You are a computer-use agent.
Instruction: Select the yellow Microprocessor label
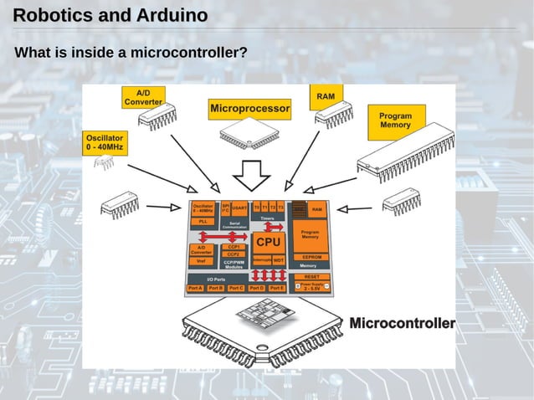(x=249, y=109)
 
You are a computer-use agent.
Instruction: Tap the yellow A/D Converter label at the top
(x=143, y=97)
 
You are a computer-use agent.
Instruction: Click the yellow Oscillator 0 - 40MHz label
(x=104, y=142)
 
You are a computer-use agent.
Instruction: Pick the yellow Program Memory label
(x=395, y=121)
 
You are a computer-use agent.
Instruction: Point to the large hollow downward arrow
(x=249, y=175)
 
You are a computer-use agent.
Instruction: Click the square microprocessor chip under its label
(x=249, y=135)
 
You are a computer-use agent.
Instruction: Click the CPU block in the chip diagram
(x=268, y=241)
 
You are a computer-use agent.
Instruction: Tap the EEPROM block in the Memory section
(x=312, y=257)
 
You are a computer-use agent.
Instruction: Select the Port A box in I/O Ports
(x=196, y=288)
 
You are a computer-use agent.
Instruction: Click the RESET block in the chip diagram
(x=311, y=276)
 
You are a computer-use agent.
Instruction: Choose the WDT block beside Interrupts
(x=279, y=260)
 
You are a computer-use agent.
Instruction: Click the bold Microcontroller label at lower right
(x=402, y=323)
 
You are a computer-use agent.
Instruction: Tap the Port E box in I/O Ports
(x=276, y=288)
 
